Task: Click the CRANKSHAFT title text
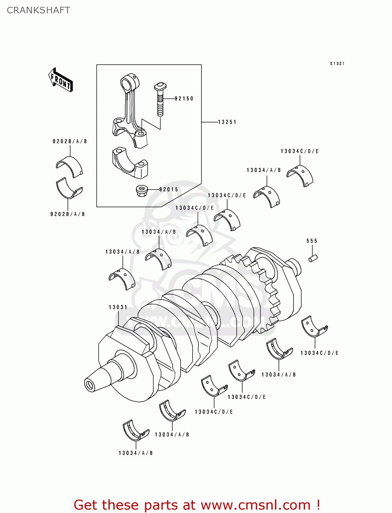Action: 38,10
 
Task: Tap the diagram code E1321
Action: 337,64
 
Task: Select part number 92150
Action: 184,98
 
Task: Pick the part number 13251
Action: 227,122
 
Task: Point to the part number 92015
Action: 169,189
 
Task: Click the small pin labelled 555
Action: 313,258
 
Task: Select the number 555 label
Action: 312,241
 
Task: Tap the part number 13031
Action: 118,307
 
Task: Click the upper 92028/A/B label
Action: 70,141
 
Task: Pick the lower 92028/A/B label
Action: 67,214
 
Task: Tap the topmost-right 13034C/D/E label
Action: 300,151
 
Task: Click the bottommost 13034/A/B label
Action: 135,453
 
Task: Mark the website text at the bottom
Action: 197,505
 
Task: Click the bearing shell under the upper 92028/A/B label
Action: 69,167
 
